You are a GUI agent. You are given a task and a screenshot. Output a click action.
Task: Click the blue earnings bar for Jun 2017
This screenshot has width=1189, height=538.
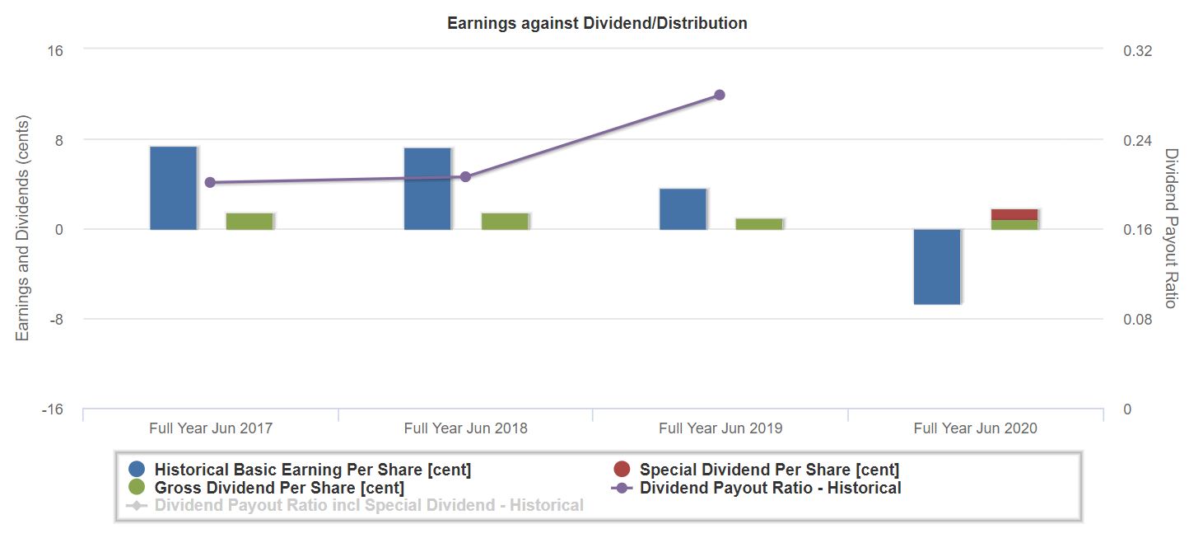174,188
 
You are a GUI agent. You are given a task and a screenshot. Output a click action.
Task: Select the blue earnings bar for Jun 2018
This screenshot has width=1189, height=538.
427,189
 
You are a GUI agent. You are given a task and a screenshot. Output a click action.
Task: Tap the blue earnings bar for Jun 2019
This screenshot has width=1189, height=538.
683,209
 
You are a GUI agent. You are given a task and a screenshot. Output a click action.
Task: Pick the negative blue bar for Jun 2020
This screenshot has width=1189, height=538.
937,267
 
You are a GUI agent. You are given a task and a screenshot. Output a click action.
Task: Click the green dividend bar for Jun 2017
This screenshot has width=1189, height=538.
249,221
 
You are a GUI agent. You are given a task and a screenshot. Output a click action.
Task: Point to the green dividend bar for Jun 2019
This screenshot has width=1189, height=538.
759,224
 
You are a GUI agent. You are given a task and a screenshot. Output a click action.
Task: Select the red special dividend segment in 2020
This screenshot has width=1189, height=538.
1014,214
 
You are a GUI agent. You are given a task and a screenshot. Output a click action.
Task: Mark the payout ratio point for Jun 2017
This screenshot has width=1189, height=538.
210,182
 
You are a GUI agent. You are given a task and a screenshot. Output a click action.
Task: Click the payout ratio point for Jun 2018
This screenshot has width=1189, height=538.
465,176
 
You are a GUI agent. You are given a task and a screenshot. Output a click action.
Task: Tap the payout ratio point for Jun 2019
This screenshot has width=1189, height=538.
719,95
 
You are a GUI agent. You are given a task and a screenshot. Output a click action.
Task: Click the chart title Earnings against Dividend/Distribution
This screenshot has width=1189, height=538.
597,23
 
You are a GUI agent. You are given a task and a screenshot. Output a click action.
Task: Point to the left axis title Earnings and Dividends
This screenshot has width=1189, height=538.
23,229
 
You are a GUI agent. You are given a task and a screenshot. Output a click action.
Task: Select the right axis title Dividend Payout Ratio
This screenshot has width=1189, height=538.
1171,229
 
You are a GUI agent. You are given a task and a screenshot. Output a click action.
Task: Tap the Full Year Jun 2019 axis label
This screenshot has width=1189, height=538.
720,428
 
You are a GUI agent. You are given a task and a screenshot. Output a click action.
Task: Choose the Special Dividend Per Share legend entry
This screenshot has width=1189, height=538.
768,470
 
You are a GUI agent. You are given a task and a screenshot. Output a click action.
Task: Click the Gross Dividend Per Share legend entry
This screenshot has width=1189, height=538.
278,488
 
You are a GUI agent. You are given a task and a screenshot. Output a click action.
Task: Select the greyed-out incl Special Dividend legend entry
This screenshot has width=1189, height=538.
368,505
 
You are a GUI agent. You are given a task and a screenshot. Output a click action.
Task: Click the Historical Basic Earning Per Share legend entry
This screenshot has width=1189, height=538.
312,470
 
